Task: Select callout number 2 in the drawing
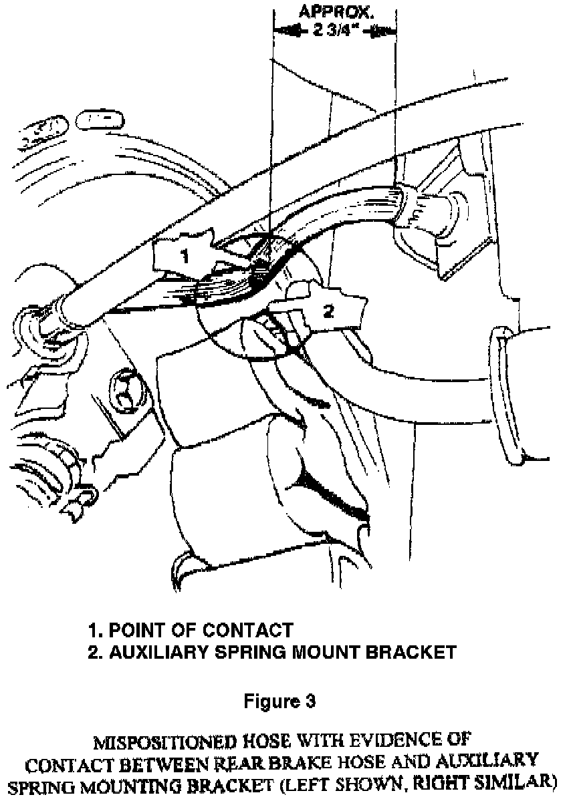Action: point(329,312)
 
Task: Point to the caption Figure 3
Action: point(279,701)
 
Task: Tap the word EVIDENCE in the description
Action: point(399,741)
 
